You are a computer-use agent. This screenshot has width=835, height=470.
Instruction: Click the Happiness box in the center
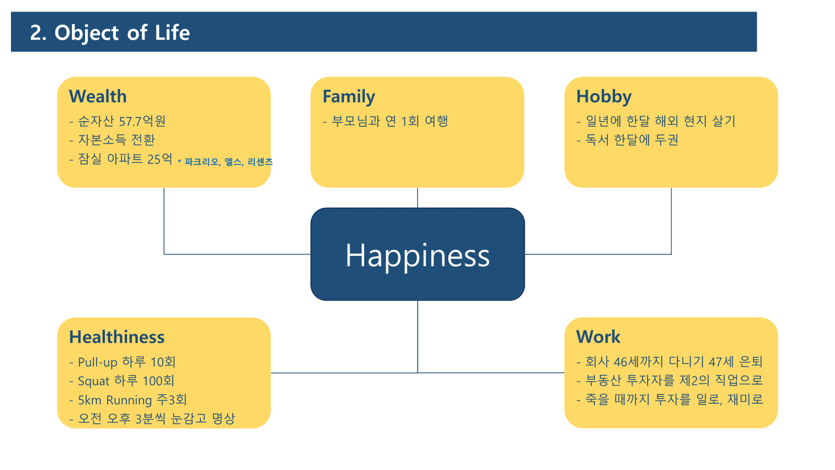(x=417, y=254)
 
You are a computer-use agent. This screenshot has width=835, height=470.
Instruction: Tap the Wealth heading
(x=98, y=96)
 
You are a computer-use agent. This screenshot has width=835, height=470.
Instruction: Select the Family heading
(x=348, y=97)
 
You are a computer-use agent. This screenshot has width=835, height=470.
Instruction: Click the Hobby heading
(x=604, y=97)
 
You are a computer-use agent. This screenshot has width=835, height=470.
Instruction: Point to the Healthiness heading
(x=116, y=337)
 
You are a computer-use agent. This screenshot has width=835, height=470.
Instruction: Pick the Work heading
(x=598, y=336)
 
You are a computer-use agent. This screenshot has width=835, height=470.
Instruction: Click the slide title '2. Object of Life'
(x=110, y=32)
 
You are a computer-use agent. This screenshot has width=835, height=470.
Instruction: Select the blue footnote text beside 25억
(x=225, y=162)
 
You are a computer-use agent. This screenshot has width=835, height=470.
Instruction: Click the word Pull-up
(x=98, y=362)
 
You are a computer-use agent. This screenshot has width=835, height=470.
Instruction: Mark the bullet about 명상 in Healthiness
(x=152, y=418)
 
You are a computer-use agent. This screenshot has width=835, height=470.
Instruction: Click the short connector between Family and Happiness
(x=417, y=198)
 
